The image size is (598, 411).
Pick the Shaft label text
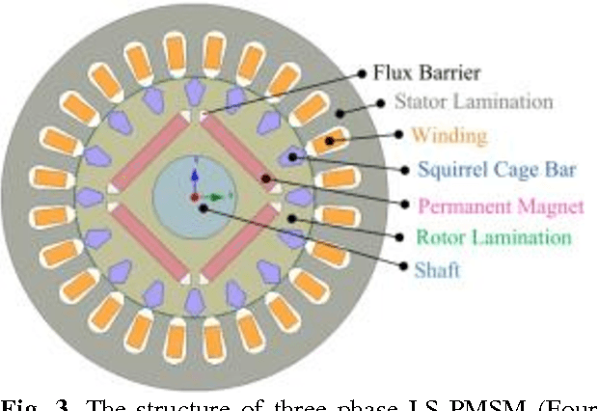[x=437, y=269]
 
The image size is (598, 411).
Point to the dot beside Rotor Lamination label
[x=292, y=218]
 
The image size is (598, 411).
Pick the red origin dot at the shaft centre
[x=194, y=198]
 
